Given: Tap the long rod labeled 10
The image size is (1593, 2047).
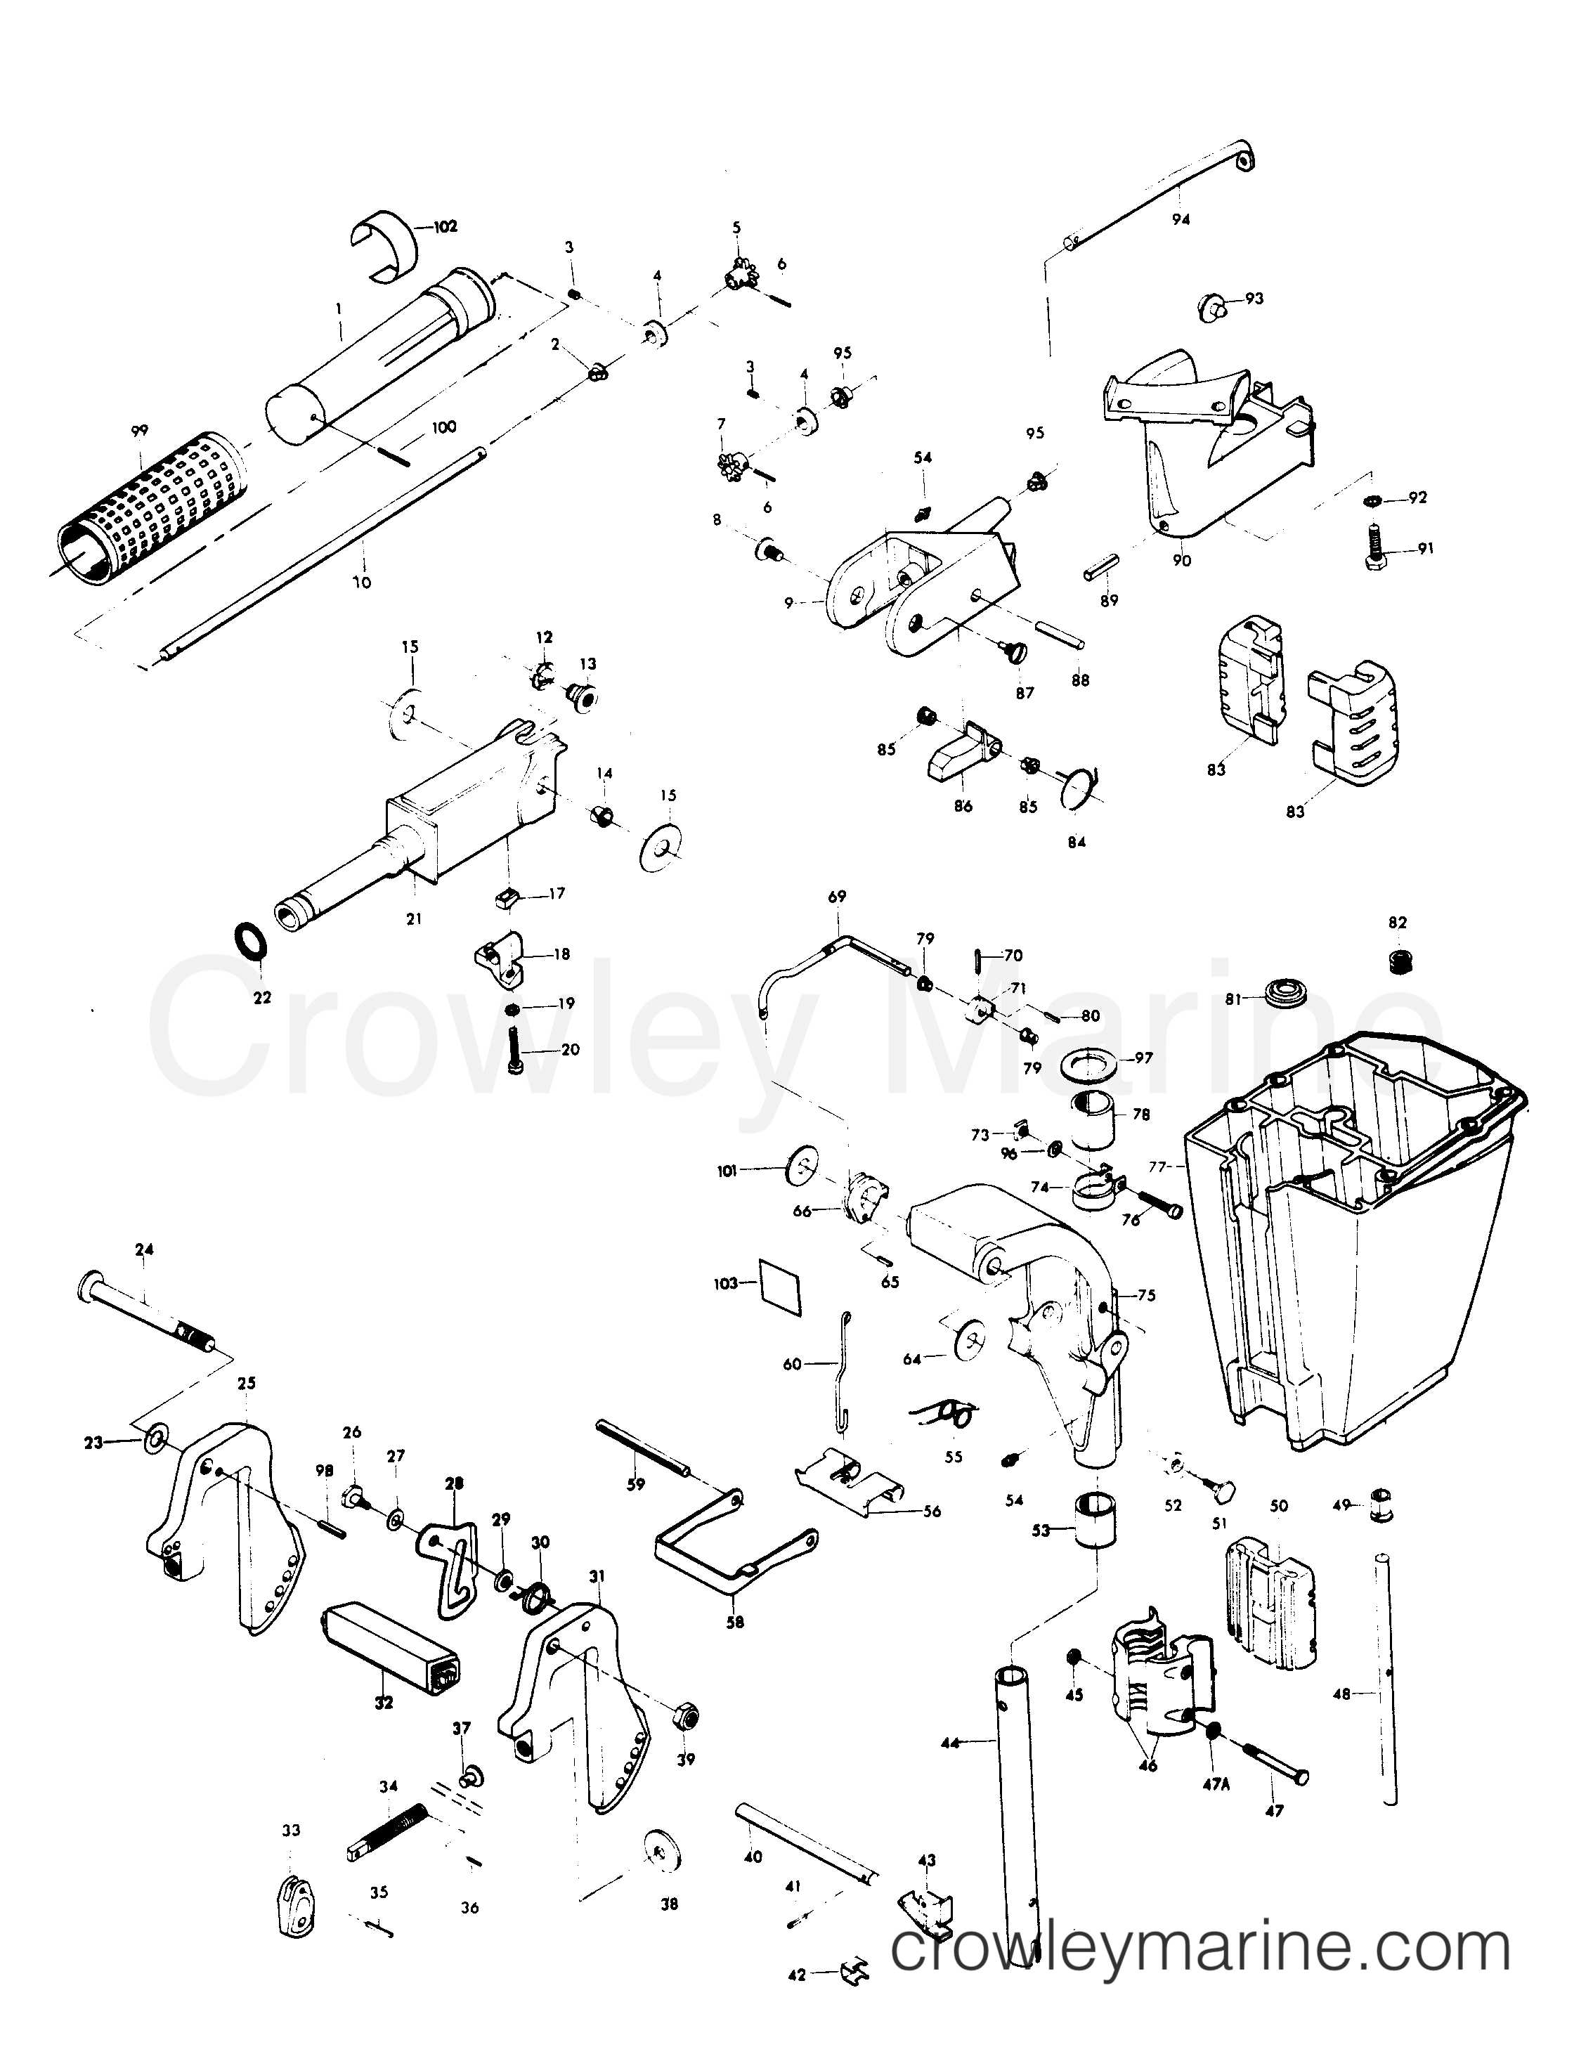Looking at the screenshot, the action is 328,553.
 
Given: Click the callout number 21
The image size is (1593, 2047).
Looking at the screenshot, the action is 413,919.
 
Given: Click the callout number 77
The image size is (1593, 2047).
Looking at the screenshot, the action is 1159,1168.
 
